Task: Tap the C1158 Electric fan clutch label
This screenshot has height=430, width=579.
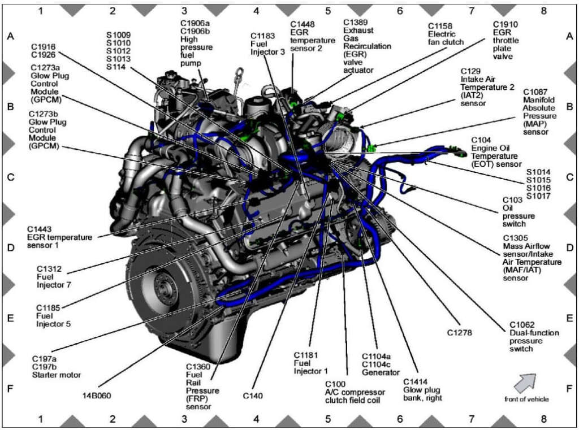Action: tap(446, 34)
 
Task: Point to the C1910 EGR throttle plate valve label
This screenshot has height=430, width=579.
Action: tap(505, 40)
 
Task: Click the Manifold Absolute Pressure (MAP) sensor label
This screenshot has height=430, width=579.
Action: tap(539, 111)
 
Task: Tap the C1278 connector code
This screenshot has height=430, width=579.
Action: tap(459, 333)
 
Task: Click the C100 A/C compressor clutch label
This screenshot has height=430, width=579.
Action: tap(355, 392)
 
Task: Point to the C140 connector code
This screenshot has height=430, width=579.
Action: tap(253, 396)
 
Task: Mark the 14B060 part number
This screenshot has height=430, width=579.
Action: tap(93, 395)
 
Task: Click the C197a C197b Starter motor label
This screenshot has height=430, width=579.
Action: tap(56, 366)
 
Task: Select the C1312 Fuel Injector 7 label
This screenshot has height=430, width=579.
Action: tap(54, 276)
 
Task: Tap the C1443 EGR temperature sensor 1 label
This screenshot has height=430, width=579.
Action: tap(59, 237)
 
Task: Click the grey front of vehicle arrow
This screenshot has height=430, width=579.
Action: tap(524, 383)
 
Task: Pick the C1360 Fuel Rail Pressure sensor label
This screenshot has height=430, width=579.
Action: tap(202, 386)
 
